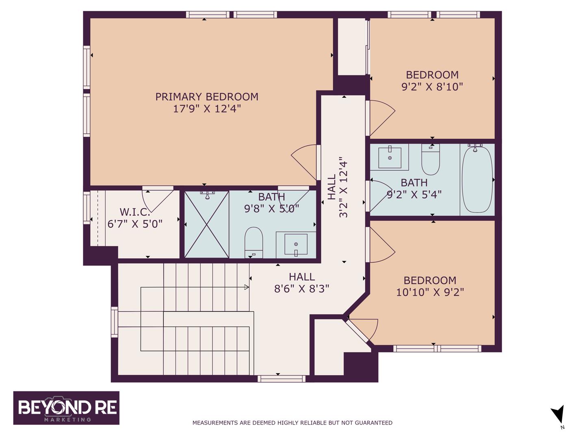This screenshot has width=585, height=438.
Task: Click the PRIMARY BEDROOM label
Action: point(207,97)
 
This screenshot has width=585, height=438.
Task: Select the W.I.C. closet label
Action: point(134,212)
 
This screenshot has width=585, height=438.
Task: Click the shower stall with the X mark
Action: point(207,224)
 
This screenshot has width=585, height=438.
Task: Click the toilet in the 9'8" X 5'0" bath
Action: point(254,242)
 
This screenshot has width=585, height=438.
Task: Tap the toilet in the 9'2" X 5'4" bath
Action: point(431,159)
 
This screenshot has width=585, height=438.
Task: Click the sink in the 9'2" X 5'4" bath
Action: point(390,157)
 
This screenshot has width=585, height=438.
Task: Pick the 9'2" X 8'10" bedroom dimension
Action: point(432,87)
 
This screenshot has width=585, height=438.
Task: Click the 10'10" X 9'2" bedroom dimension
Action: point(430,292)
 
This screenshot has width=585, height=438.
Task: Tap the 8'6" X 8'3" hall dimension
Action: point(301,289)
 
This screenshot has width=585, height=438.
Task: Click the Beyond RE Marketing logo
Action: point(66,408)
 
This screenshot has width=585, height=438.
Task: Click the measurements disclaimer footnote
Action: point(292,423)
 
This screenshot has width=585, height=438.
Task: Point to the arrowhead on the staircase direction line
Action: point(246,287)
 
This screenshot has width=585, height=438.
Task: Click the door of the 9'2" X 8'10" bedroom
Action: point(380,117)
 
